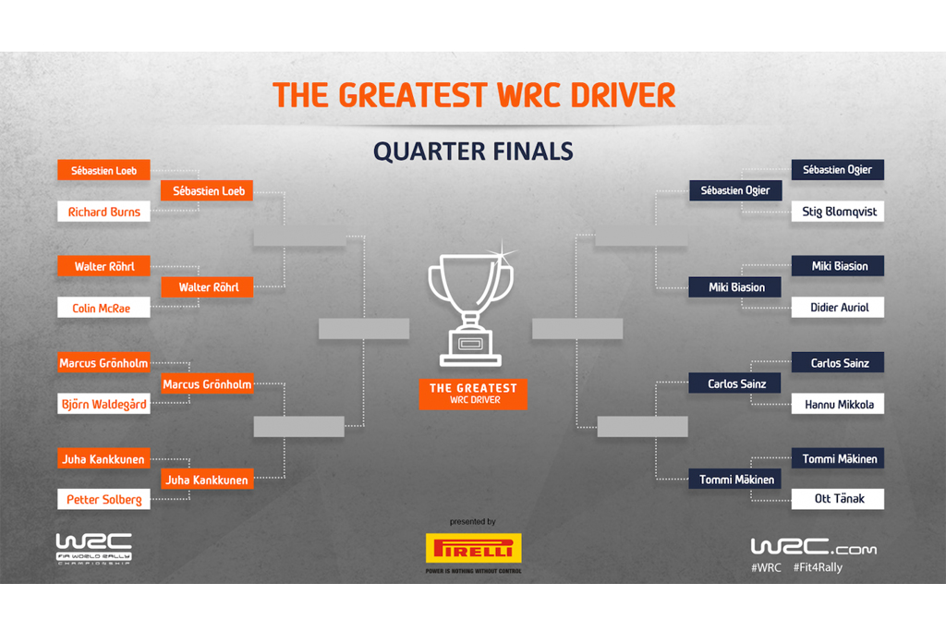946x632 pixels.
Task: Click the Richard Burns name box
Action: click(103, 212)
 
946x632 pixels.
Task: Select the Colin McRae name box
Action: click(103, 308)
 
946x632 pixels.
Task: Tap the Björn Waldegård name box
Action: click(103, 404)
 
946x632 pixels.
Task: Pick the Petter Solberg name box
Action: click(103, 499)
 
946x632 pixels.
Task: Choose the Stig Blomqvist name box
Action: click(837, 212)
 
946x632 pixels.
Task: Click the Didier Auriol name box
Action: click(837, 308)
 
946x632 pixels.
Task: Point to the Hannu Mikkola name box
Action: click(837, 404)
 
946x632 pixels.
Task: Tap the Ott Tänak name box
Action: click(837, 499)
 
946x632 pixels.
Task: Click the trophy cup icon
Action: click(470, 309)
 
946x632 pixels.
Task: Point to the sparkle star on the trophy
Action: click(502, 251)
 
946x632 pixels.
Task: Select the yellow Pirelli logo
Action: click(474, 548)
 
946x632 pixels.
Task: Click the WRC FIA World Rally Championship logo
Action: click(94, 549)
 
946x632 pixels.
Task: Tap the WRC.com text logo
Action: click(813, 546)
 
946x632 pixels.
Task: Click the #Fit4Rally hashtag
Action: click(818, 567)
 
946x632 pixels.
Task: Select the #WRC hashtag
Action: click(766, 567)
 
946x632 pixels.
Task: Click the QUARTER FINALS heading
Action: click(473, 151)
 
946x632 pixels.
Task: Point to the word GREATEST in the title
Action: click(412, 95)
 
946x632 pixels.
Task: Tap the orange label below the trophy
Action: click(473, 395)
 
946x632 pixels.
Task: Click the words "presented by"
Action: click(472, 521)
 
